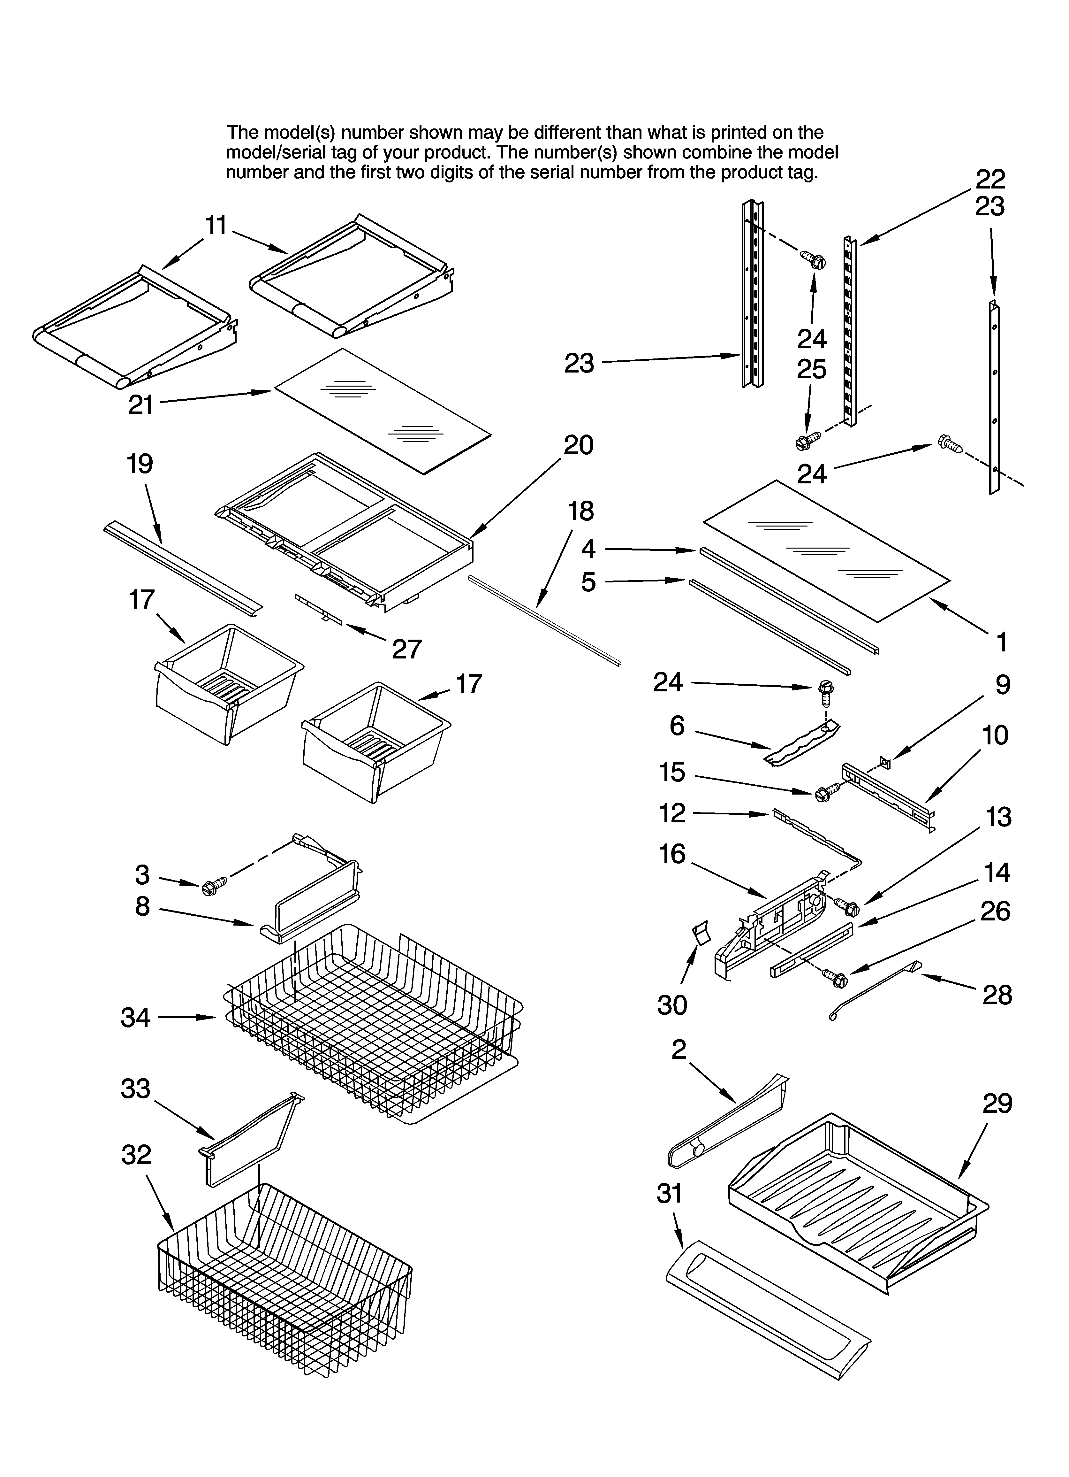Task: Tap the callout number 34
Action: click(135, 1017)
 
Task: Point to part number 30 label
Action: click(672, 1005)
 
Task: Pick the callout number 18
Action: click(581, 511)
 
